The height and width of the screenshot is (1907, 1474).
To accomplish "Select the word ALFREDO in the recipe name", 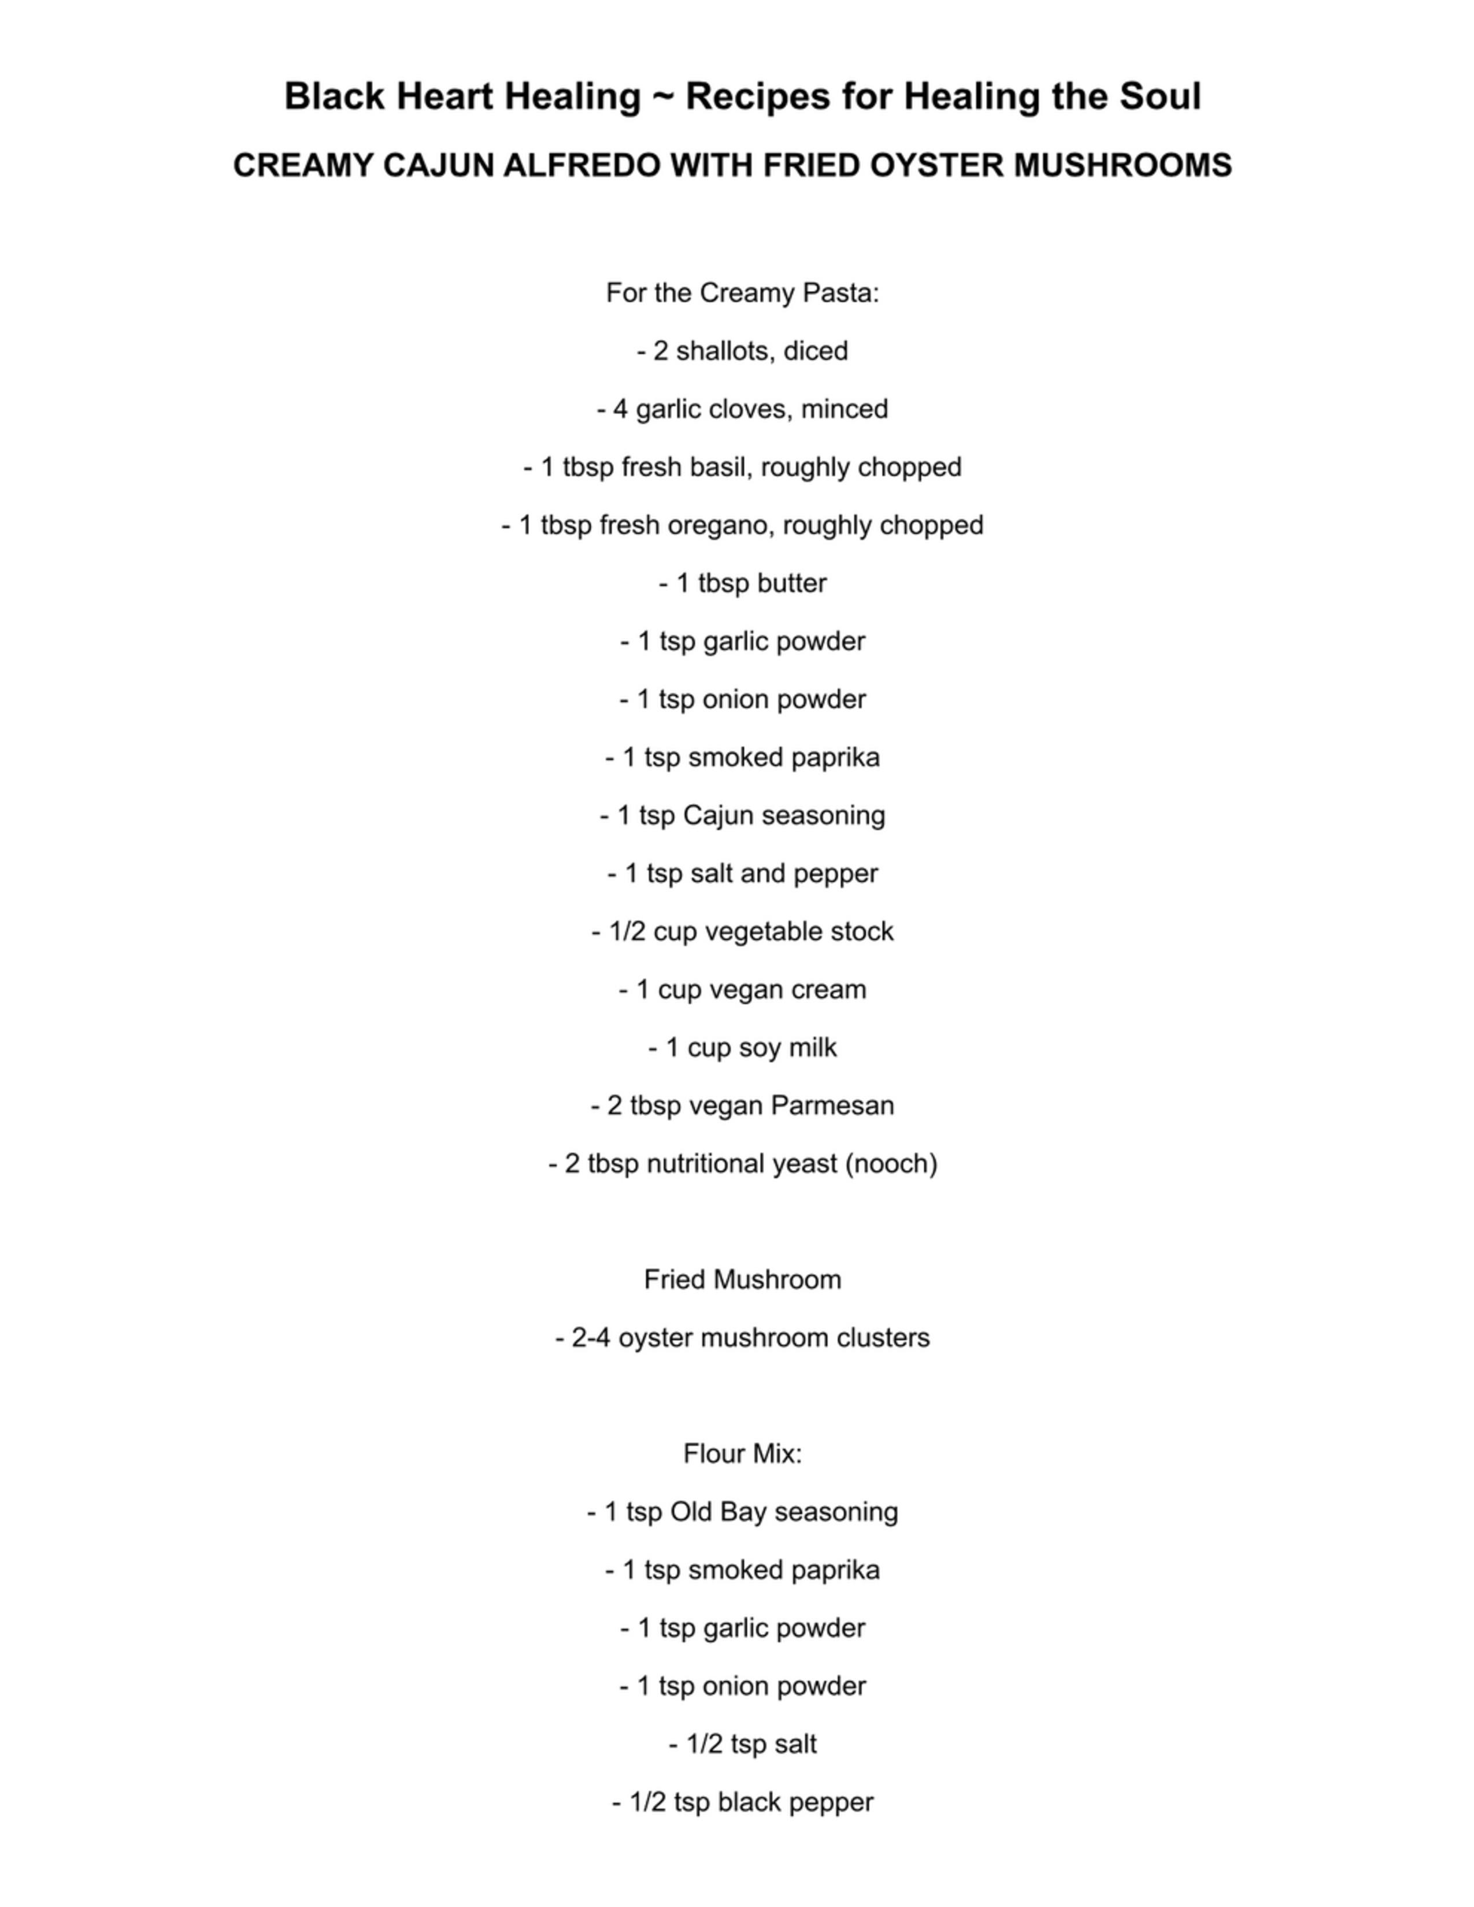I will pyautogui.click(x=582, y=165).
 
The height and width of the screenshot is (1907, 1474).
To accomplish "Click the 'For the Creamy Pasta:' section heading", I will pyautogui.click(x=742, y=292).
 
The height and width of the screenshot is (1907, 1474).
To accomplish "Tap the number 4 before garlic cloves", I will pyautogui.click(x=620, y=409).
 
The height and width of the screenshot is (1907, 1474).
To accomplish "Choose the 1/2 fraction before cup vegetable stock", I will pyautogui.click(x=627, y=932).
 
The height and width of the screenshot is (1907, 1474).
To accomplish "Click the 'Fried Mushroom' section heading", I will pyautogui.click(x=742, y=1280).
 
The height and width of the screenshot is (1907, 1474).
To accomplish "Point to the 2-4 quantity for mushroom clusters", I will pyautogui.click(x=591, y=1338).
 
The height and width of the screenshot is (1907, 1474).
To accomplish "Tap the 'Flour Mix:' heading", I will pyautogui.click(x=742, y=1454).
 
